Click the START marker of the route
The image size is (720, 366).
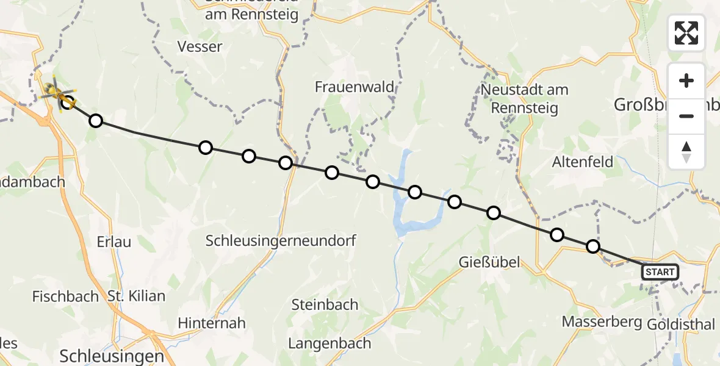coord(660,272)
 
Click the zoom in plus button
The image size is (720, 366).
coord(686,81)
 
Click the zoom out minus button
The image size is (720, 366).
coord(686,116)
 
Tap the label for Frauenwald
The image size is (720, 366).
coord(355,87)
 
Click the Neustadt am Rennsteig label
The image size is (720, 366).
coord(524,99)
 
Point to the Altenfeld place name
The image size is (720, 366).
coord(582,163)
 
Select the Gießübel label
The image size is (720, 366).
coord(489,262)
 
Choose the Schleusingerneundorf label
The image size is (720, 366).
coord(281,240)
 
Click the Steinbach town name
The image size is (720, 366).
coord(325,304)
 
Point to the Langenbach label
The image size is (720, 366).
coord(329,343)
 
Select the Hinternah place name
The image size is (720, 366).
coord(212,323)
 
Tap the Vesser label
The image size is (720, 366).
coord(200,46)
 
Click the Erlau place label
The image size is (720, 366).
coord(113,242)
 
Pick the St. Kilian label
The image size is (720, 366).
coord(136,296)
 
